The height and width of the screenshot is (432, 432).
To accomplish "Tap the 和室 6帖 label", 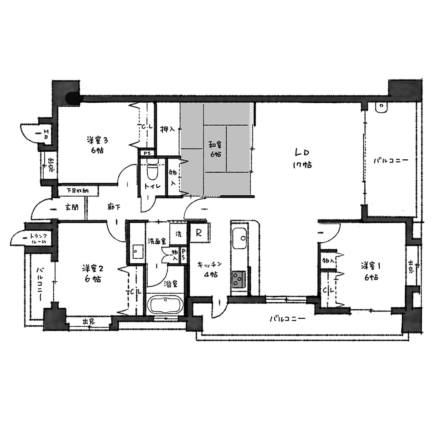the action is click(x=215, y=149).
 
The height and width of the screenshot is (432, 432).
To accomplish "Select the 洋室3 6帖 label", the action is click(x=97, y=145).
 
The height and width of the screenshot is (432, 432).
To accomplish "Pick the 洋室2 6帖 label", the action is click(x=92, y=273).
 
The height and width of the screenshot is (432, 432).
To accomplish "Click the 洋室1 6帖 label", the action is click(x=371, y=272).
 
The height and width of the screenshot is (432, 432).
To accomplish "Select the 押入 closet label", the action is click(x=167, y=129).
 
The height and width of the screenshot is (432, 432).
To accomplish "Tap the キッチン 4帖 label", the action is click(x=210, y=270).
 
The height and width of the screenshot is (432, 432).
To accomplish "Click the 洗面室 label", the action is click(x=157, y=241).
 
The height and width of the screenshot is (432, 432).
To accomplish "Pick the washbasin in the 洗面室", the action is click(x=137, y=251).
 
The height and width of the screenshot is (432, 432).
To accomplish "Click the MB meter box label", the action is click(x=46, y=134).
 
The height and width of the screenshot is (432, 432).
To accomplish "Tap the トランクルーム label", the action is click(x=38, y=238).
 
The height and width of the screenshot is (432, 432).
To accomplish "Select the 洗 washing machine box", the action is click(x=178, y=234).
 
